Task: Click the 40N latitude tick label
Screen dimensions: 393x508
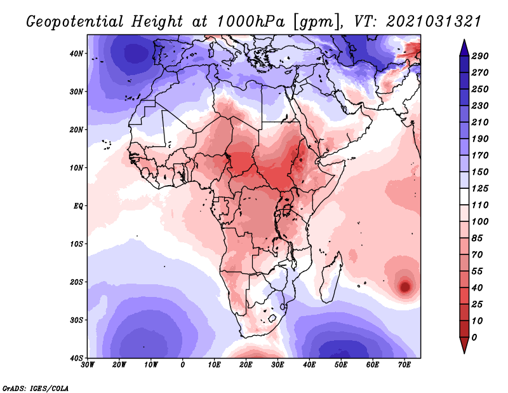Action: coord(77,53)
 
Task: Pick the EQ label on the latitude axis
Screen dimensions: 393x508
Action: coord(78,206)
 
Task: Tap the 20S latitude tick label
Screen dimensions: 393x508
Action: coord(77,282)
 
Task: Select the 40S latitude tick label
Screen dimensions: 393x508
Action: coord(77,357)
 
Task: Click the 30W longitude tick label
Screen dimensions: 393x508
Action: coord(88,365)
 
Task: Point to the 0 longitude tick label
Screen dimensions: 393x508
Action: coord(183,365)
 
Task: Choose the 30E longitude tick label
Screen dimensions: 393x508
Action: coord(277,365)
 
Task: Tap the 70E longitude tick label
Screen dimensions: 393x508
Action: coord(404,365)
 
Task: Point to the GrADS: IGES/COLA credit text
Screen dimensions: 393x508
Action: coord(36,387)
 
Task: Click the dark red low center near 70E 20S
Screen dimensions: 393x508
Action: coord(404,287)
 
